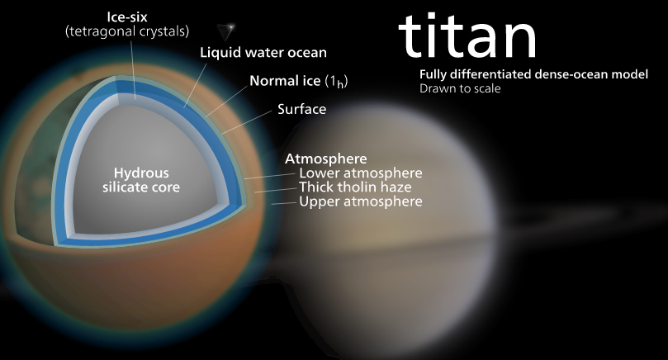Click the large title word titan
coord(467,36)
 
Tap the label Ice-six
coord(127,17)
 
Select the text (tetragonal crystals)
coord(127,31)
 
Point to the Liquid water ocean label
coord(263,52)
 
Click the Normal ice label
coord(298,81)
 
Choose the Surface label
coord(301,109)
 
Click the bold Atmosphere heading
coord(326,159)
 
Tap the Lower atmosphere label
coord(360,173)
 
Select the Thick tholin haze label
coord(355,187)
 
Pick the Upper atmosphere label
coord(360,201)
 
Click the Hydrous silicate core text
coord(141,180)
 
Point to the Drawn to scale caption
coord(460,88)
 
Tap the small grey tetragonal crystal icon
coord(225,31)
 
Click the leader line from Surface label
coord(247,122)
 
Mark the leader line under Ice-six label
coord(133,69)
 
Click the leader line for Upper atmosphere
coord(283,203)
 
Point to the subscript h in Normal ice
coord(340,84)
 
